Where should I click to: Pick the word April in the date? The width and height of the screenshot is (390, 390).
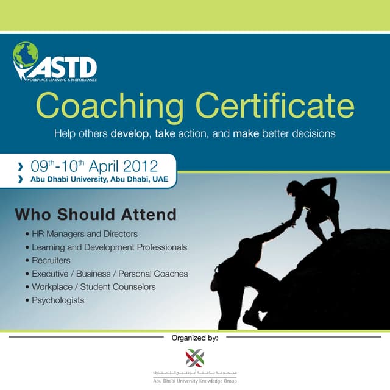(x=105, y=166)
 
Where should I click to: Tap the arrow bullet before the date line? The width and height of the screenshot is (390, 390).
(x=23, y=166)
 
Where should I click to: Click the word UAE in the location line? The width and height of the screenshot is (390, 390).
(x=160, y=179)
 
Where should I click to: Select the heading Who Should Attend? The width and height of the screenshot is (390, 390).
(x=96, y=214)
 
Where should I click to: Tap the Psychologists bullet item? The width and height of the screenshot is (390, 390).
(x=58, y=300)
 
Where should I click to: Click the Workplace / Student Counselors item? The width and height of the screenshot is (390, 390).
(x=93, y=287)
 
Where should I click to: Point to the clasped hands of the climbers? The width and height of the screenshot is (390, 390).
(x=290, y=222)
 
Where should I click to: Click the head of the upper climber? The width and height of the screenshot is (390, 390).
(x=294, y=188)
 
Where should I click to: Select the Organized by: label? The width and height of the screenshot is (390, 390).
(x=194, y=337)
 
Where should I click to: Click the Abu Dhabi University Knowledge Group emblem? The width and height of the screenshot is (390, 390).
(x=195, y=357)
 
